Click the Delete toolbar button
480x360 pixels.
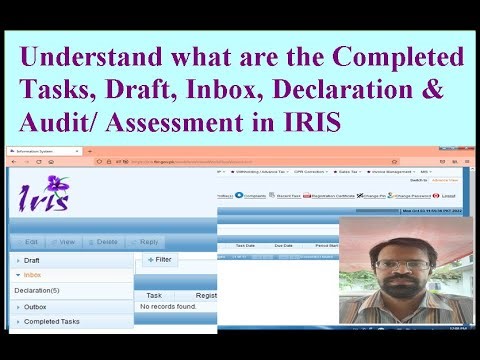pyautogui.click(x=102, y=242)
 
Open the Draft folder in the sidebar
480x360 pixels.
pyautogui.click(x=32, y=260)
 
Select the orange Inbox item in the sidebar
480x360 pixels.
pyautogui.click(x=32, y=274)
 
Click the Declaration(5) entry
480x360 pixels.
pyautogui.click(x=36, y=291)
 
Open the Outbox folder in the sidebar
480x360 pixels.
pyautogui.click(x=35, y=307)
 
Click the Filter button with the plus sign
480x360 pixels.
pyautogui.click(x=160, y=260)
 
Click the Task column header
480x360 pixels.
pyautogui.click(x=154, y=295)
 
